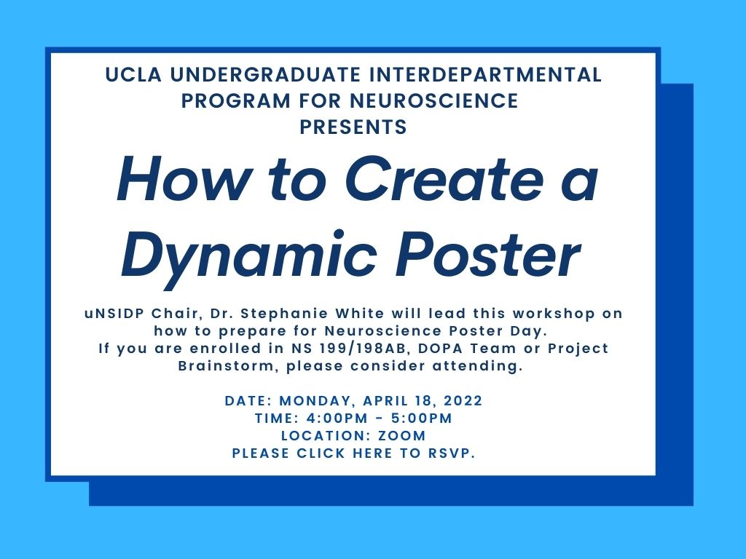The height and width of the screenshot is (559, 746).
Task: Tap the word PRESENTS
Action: point(353,127)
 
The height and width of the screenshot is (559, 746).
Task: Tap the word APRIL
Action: point(396,401)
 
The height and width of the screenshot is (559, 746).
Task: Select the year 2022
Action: point(463,401)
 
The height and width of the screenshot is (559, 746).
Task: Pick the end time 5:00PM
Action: point(421,419)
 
